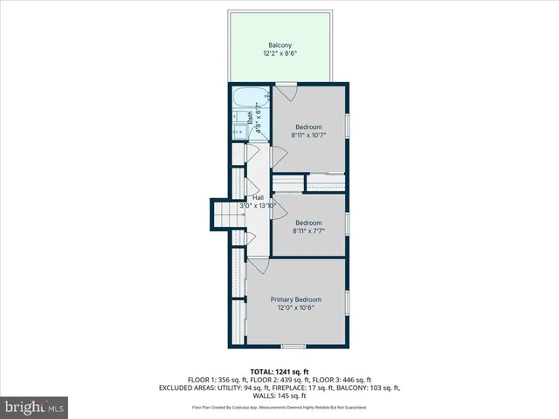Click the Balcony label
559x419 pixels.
click(x=279, y=45)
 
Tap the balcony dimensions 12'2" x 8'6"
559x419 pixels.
click(x=279, y=54)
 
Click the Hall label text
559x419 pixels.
click(x=259, y=198)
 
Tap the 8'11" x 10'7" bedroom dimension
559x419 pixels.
click(x=307, y=135)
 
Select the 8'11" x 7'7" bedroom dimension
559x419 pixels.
click(x=307, y=231)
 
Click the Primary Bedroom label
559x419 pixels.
click(x=295, y=299)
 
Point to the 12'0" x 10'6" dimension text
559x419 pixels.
click(x=295, y=307)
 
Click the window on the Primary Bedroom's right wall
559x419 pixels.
click(x=348, y=302)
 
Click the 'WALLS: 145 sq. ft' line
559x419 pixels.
click(x=279, y=395)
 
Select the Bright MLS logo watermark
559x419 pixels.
click(x=35, y=407)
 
